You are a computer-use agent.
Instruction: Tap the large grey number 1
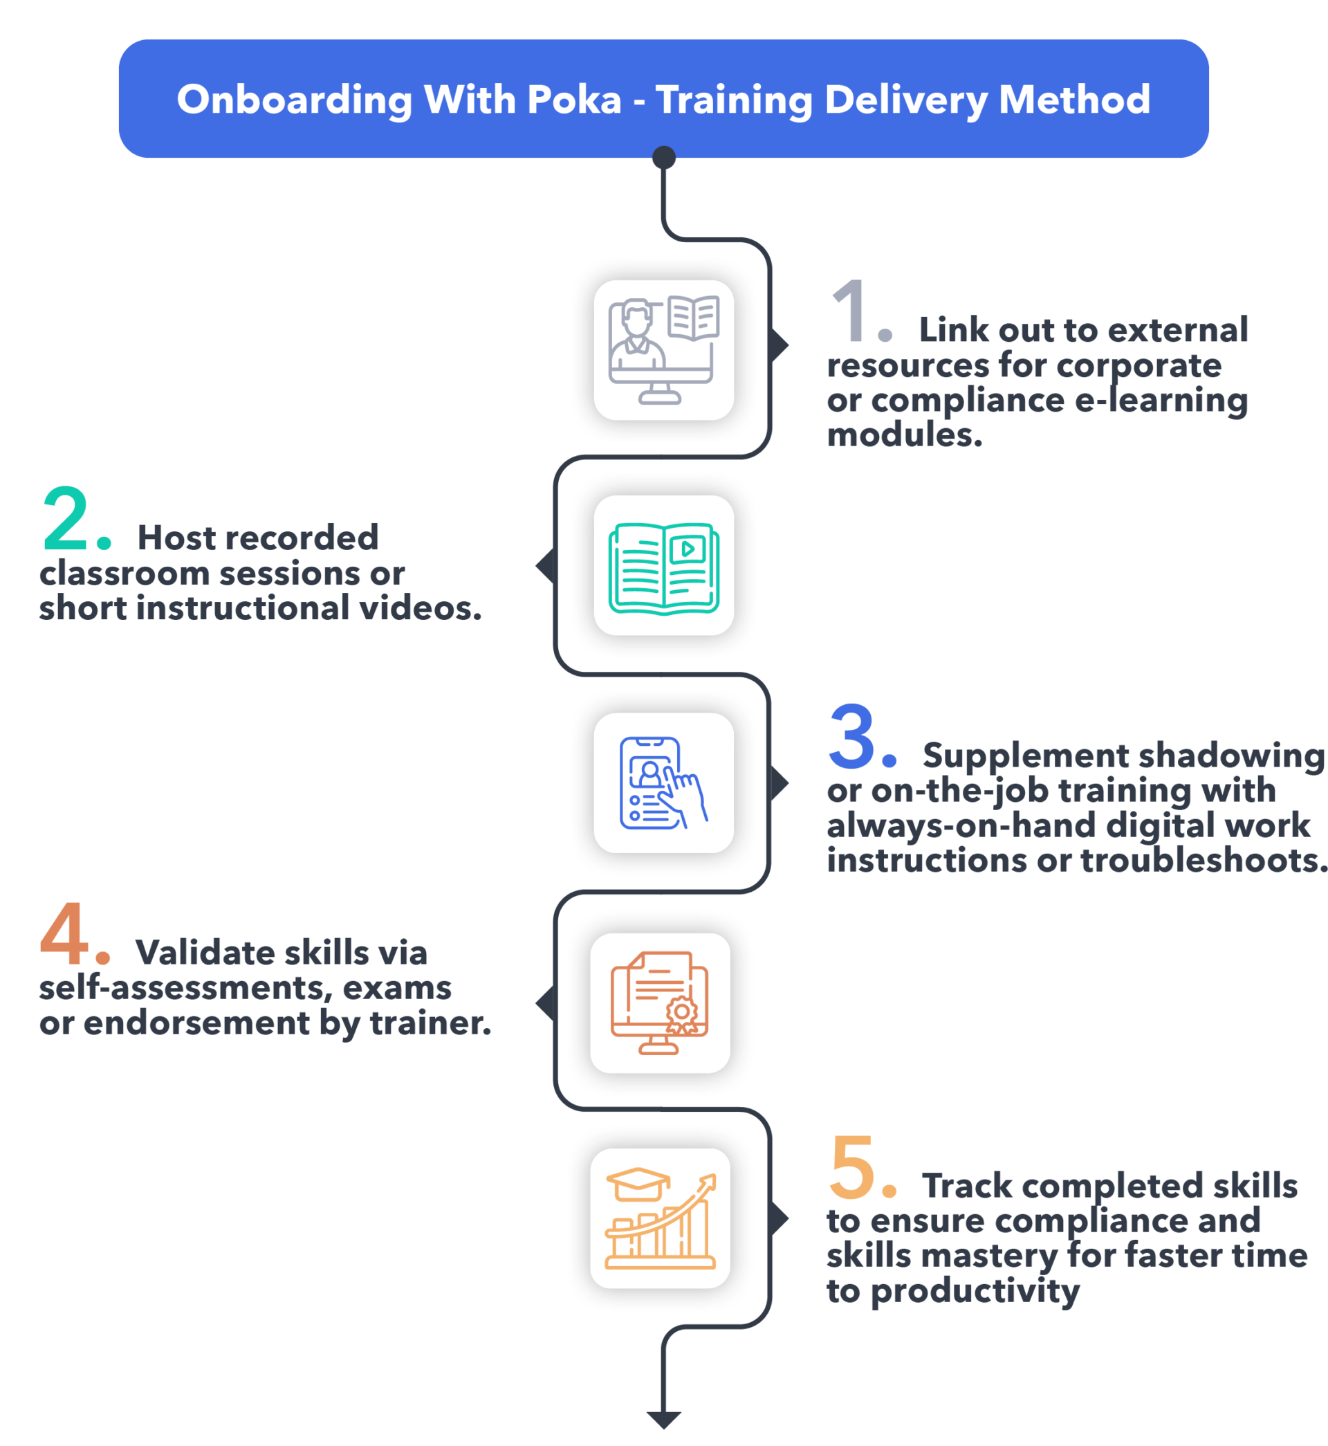[852, 312]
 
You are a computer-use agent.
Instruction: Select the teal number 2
[66, 519]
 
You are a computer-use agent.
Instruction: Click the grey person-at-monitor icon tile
[663, 350]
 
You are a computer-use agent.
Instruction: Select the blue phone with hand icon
[663, 783]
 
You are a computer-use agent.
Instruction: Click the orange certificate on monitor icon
[660, 1003]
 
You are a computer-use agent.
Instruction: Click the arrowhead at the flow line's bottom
[663, 1420]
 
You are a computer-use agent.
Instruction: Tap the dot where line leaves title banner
[663, 156]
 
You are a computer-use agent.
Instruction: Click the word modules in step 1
[903, 435]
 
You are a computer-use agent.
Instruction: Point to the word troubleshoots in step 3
[1204, 860]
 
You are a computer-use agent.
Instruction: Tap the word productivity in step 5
[975, 1292]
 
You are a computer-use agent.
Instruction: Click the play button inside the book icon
[687, 550]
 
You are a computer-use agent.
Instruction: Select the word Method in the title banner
[1073, 99]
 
